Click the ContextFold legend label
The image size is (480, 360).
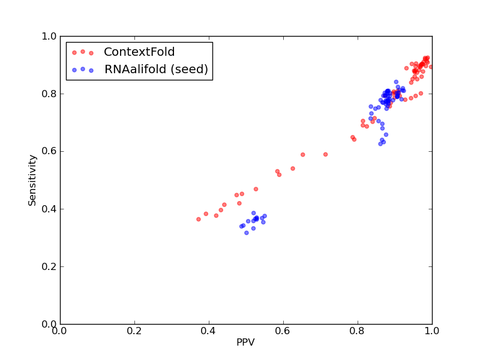coord(139,52)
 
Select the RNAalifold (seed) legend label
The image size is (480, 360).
coord(156,69)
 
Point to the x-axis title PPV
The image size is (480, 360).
coord(245,342)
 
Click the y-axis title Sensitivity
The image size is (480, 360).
coord(32,181)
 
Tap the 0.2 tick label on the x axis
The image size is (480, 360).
coord(134,331)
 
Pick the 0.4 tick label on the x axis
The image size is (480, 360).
coord(209,331)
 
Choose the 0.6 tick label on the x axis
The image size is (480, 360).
coord(283,331)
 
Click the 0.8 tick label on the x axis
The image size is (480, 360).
coord(358,331)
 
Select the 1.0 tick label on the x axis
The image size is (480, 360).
coord(432,331)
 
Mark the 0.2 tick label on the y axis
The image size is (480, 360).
coord(49,266)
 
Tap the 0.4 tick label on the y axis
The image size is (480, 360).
coord(49,209)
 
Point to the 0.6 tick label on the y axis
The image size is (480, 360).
coord(49,152)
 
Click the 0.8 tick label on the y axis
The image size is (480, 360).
coord(49,94)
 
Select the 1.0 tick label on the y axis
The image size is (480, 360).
coord(49,36)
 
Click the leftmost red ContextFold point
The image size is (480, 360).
coord(199,219)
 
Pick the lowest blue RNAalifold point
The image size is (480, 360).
coord(247,233)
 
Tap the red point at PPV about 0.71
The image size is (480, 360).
coord(325,155)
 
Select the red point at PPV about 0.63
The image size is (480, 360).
coord(293,169)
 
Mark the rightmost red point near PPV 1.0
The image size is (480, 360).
coord(431,67)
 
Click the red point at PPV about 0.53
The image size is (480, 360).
coord(256,189)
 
